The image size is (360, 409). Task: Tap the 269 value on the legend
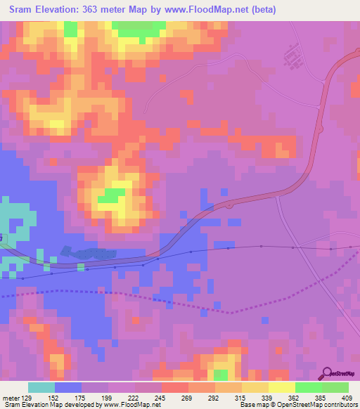click(188, 398)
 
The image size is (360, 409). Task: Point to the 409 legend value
click(347, 398)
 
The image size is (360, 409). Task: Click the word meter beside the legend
click(10, 398)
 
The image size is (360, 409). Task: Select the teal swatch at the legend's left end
click(41, 387)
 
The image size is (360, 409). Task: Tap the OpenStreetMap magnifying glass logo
click(326, 373)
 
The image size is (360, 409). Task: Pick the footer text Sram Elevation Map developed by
click(45, 405)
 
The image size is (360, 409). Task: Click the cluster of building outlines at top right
click(292, 55)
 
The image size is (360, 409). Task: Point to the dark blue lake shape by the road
click(87, 252)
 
